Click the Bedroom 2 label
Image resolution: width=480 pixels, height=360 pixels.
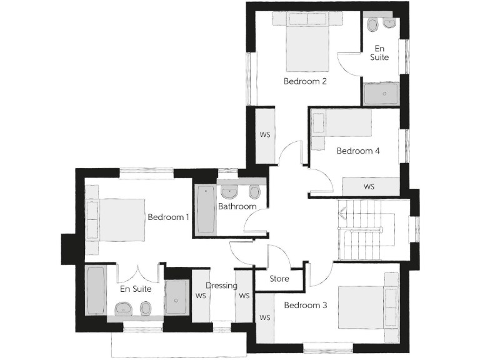pos(305,81)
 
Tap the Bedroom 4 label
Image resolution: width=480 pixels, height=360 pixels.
pos(358,151)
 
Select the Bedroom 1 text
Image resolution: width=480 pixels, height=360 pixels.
pos(168,217)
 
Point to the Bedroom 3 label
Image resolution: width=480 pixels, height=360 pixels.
pos(306,306)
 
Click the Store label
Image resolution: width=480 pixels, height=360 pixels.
pos(279,279)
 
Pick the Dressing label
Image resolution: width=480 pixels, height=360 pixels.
pos(222,286)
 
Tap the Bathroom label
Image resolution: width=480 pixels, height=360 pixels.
pos(237,206)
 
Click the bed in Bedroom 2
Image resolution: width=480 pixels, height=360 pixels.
pos(307,47)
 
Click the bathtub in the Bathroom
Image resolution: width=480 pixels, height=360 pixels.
pos(205,209)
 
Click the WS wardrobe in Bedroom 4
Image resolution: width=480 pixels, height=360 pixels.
pos(369,186)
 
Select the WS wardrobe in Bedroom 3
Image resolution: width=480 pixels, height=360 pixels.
pos(265,317)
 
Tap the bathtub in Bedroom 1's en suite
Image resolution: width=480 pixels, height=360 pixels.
pos(96,291)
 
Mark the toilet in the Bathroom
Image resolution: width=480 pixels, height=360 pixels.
pos(254,191)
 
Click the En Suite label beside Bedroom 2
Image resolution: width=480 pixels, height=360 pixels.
pos(380,52)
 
